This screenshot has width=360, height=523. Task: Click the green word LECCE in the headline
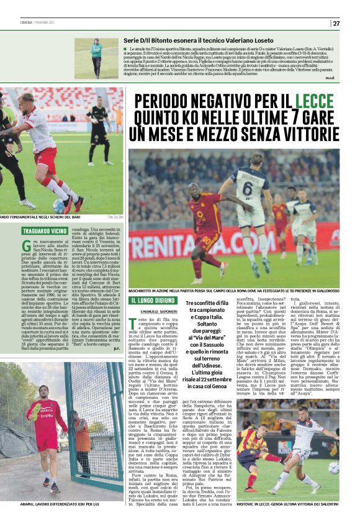coord(314,101)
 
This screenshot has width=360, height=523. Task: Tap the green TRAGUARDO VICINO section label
coord(46,231)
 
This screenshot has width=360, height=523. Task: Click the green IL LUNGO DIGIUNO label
coord(153,300)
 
